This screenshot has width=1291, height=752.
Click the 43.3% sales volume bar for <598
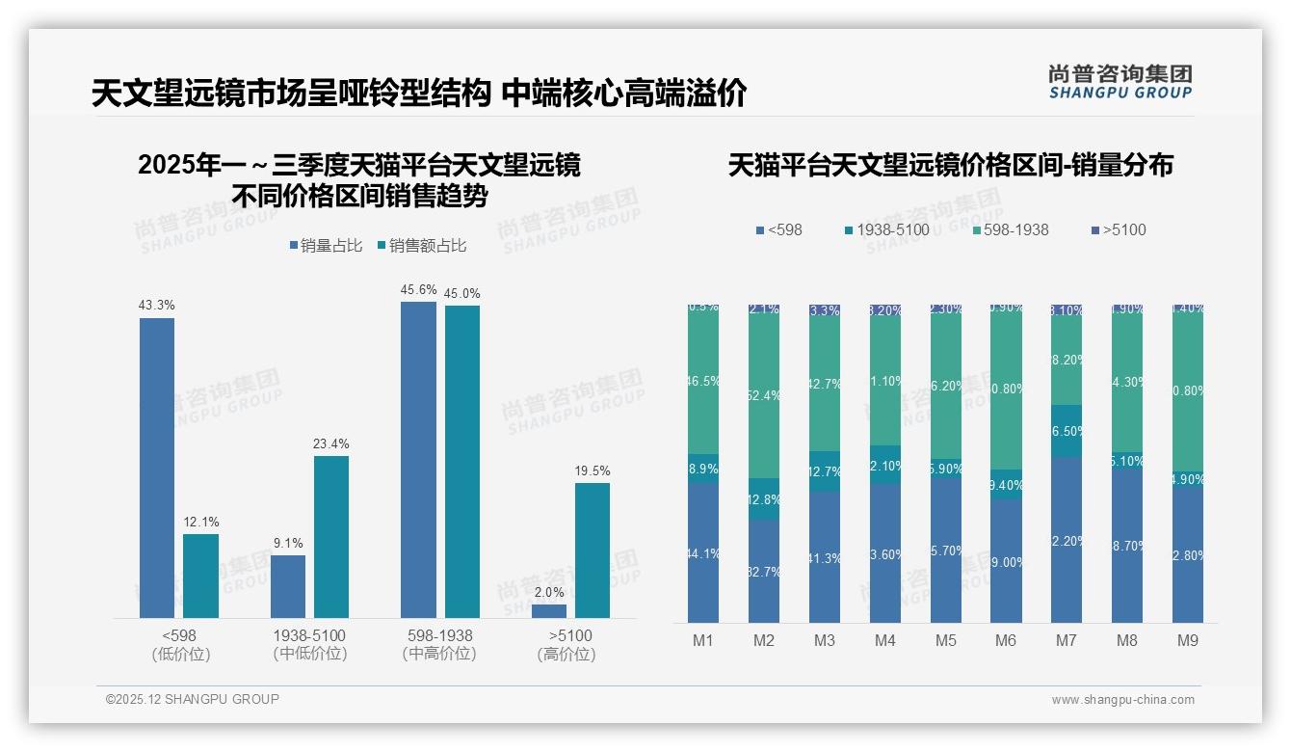pos(157,468)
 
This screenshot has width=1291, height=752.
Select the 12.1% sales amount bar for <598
pos(200,576)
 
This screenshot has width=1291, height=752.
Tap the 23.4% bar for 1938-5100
pos(331,536)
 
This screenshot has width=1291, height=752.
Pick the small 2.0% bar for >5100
pos(549,611)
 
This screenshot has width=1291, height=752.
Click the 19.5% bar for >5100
pos(593,550)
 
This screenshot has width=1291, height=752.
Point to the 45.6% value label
pos(419,289)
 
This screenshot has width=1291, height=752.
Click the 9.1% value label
pos(288,543)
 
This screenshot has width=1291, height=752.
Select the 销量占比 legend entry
pos(325,246)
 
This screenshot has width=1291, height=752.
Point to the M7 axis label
pos(1066,641)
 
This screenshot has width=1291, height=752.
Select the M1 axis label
pos(702,641)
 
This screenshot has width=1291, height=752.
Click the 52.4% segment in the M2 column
pos(764,396)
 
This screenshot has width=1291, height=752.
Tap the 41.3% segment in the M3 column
pos(825,557)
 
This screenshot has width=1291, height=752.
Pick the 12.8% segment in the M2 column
pos(764,499)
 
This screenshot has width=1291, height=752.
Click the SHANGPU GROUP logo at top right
pos(1120,82)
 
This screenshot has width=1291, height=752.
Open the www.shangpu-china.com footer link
pos(1122,700)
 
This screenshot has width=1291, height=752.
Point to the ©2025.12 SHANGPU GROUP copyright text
pos(193,700)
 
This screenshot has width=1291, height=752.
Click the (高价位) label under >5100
pos(566,655)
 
